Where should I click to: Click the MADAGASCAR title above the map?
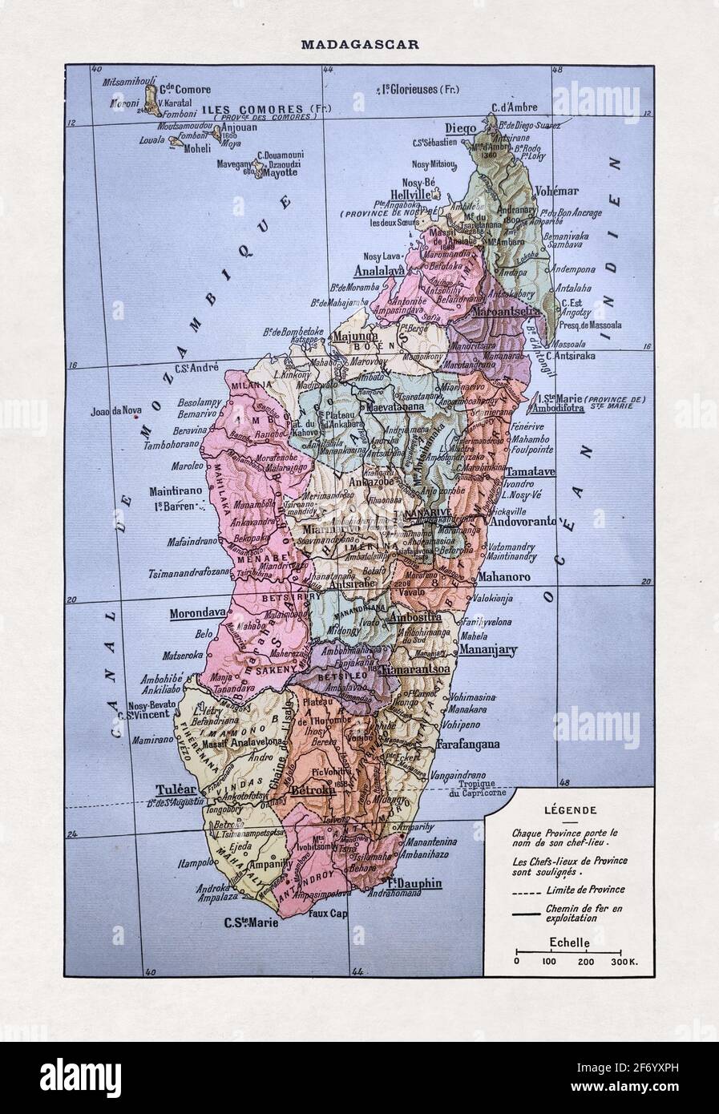359,44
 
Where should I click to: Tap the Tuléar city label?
176,789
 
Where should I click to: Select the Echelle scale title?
570,943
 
